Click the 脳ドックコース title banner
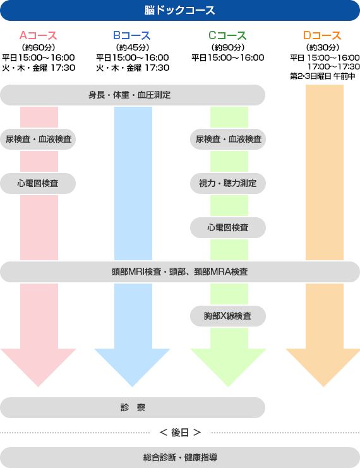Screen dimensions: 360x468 pos(180,11)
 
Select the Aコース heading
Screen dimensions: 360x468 pos(38,35)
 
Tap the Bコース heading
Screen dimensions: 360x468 pos(132,35)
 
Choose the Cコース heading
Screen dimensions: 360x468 pos(227,35)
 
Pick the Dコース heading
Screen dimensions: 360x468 pos(322,35)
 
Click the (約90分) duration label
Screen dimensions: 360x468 pos(228,47)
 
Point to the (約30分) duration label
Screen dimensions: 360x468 pos(323,47)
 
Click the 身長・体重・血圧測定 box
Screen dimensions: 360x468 pos(133,95)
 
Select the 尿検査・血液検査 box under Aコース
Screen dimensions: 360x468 pos(38,139)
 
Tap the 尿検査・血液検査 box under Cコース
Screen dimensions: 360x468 pos(228,139)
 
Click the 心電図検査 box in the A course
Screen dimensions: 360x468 pos(38,183)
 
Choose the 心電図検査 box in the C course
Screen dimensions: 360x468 pos(228,228)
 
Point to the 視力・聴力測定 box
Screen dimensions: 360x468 pos(228,183)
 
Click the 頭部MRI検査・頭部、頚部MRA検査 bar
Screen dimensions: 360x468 pos(180,272)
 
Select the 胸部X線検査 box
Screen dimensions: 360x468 pos(228,316)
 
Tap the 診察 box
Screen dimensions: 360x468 pos(133,408)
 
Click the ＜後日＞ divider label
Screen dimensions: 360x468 pos(180,433)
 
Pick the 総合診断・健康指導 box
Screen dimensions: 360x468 pos(180,457)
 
